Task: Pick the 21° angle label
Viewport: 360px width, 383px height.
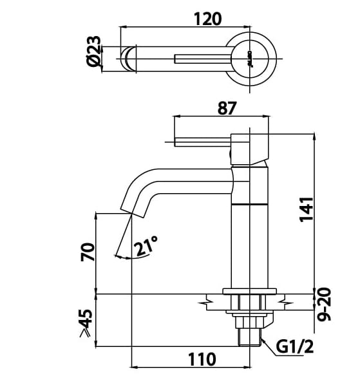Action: click(x=146, y=246)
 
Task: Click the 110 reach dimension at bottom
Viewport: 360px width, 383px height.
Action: click(x=202, y=359)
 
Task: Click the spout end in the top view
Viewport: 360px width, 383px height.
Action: click(x=129, y=58)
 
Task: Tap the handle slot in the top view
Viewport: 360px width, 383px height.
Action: click(x=203, y=60)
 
